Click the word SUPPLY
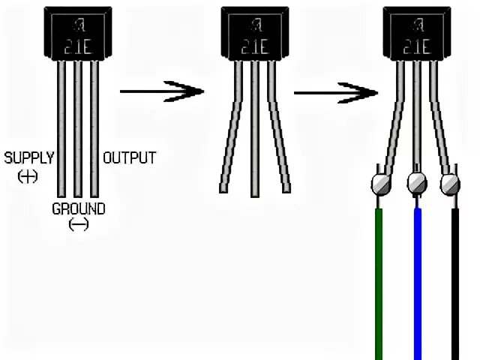pyautogui.click(x=28, y=157)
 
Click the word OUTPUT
pyautogui.click(x=129, y=157)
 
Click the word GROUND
pyautogui.click(x=78, y=208)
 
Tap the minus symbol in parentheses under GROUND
pyautogui.click(x=78, y=224)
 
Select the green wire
pyautogui.click(x=379, y=285)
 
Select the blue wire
pyautogui.click(x=418, y=285)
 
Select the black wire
pyautogui.click(x=455, y=285)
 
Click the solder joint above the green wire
pyautogui.click(x=380, y=183)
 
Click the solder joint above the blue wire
pyautogui.click(x=417, y=182)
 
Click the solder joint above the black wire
pyautogui.click(x=450, y=182)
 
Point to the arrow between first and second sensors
pyautogui.click(x=161, y=91)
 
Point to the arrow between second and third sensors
pyautogui.click(x=335, y=92)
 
